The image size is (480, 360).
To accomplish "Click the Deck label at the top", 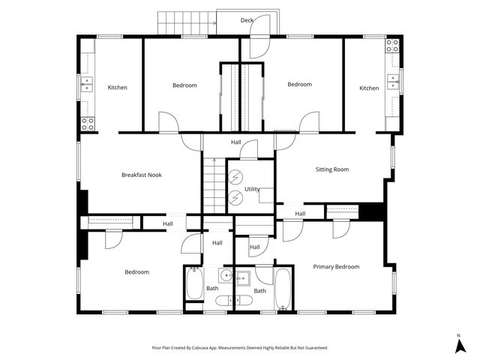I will (x=247, y=20).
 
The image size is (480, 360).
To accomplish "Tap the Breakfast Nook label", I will (x=142, y=175).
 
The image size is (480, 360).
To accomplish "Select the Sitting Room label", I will (x=331, y=169).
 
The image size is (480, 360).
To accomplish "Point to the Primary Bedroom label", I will (x=336, y=266).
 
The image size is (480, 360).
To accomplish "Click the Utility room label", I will (x=252, y=190).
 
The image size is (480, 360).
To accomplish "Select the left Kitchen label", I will (x=117, y=88).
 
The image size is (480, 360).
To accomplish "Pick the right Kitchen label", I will (x=369, y=88).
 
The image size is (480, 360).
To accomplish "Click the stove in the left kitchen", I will (x=88, y=123).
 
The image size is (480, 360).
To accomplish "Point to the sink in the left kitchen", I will (x=87, y=83).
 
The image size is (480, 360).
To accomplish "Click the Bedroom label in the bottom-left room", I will (x=136, y=271).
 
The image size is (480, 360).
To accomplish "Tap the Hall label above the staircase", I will (x=236, y=142).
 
